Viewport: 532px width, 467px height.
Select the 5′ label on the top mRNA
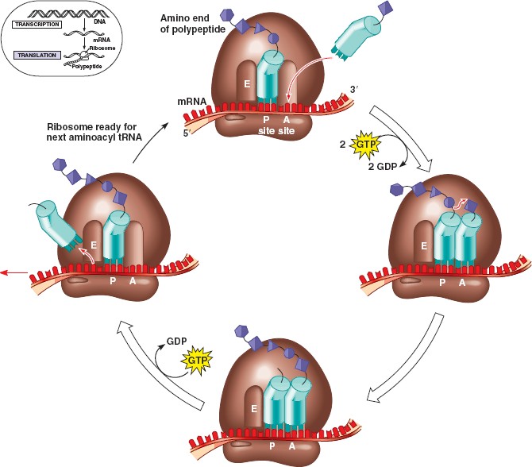[x=188, y=133]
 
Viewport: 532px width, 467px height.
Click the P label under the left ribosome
[x=112, y=280]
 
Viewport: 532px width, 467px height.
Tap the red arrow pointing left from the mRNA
[x=12, y=272]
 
